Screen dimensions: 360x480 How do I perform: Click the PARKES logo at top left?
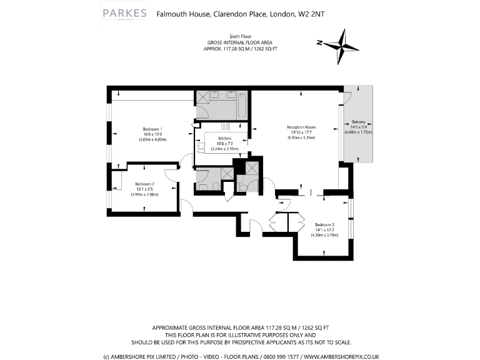pyautogui.click(x=124, y=13)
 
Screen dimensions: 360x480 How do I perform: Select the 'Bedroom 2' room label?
pyautogui.click(x=144, y=184)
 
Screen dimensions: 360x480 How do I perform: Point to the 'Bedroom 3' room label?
pyautogui.click(x=324, y=224)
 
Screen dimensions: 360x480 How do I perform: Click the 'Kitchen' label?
pyautogui.click(x=224, y=138)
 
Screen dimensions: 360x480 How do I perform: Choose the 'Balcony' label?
pyautogui.click(x=358, y=121)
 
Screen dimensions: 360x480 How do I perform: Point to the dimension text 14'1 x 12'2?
pyautogui.click(x=324, y=229)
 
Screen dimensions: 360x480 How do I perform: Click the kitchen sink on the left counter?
pyautogui.click(x=201, y=147)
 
